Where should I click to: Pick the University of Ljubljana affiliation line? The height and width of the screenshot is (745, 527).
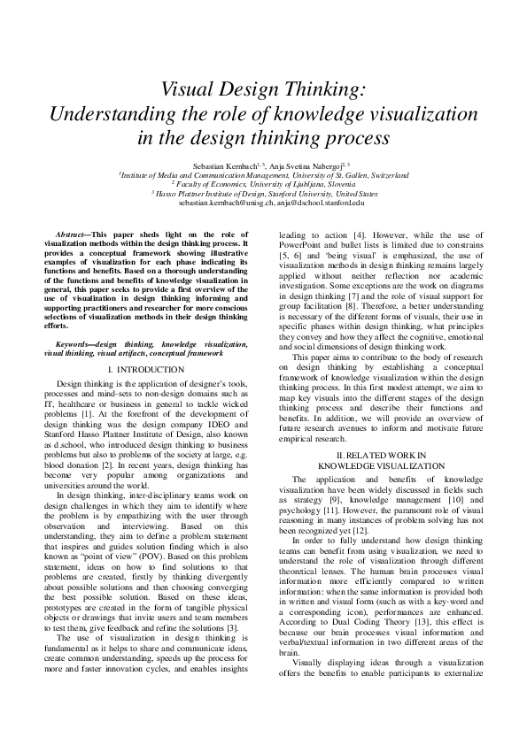(263, 184)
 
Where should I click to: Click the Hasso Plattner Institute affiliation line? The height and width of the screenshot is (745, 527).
(263, 194)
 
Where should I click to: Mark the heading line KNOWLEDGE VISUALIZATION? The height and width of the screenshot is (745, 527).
(381, 465)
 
